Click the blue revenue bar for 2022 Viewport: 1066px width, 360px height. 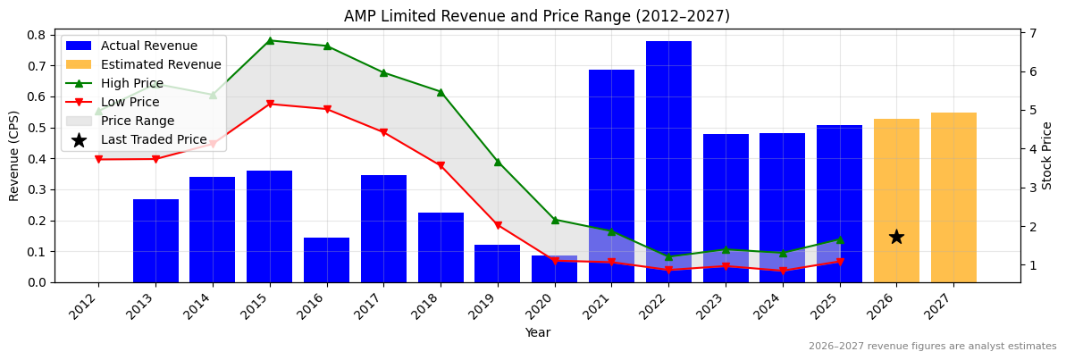[x=668, y=161]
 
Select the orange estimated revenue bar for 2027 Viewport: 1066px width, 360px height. [x=953, y=197]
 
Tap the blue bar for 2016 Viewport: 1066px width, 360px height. [x=326, y=260]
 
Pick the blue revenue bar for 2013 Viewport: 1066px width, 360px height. [x=155, y=240]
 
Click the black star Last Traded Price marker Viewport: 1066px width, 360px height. [x=896, y=237]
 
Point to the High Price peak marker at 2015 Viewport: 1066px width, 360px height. [x=270, y=40]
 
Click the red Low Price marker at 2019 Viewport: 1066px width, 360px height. [x=498, y=225]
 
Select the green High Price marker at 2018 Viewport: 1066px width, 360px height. [x=441, y=92]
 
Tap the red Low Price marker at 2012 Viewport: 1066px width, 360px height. [x=98, y=159]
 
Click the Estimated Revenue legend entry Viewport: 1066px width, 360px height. [x=161, y=64]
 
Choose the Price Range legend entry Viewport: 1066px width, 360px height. [x=138, y=121]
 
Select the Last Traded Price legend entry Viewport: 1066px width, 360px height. [x=153, y=139]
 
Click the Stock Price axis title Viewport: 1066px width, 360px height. [x=1047, y=155]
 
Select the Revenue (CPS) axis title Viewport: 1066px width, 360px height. [x=14, y=155]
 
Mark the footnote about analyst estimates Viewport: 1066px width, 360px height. [x=932, y=347]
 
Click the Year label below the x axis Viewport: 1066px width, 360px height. [x=537, y=332]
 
